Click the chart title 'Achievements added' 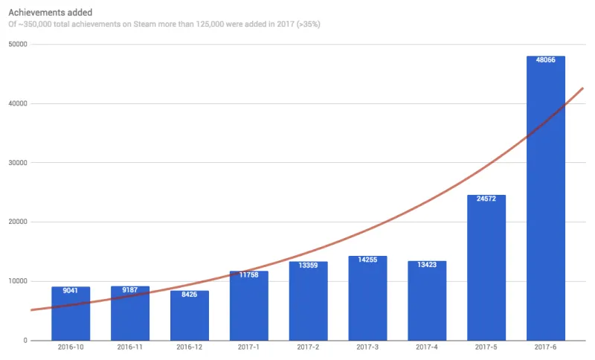tap(50, 12)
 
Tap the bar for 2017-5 tap(486, 268)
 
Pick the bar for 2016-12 tap(189, 315)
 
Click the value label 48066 tap(546, 61)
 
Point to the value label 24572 tap(486, 200)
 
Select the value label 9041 tap(71, 292)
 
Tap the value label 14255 tap(367, 261)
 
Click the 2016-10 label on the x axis tap(71, 347)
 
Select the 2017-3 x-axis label tap(367, 347)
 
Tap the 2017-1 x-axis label tap(248, 347)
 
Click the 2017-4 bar tap(427, 300)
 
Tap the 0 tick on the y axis tap(25, 341)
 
